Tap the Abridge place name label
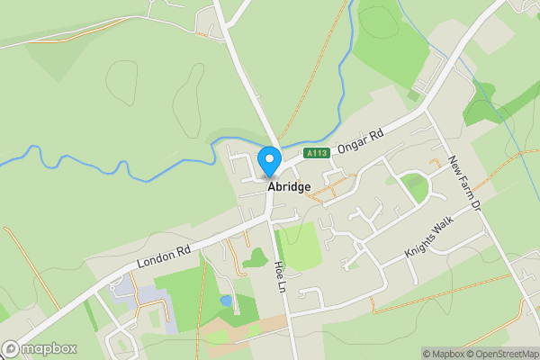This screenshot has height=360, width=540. pyautogui.click(x=289, y=186)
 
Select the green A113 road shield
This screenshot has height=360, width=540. pyautogui.click(x=316, y=154)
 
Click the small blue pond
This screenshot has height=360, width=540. pyautogui.click(x=225, y=301)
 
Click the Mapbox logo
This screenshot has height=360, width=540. pyautogui.click(x=40, y=348)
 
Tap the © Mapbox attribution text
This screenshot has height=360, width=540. pyautogui.click(x=442, y=354)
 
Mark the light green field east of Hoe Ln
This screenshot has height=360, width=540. pyautogui.click(x=300, y=245)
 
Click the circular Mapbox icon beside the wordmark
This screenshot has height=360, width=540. pyautogui.click(x=11, y=348)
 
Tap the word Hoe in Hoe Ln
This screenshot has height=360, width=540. pyautogui.click(x=279, y=266)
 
